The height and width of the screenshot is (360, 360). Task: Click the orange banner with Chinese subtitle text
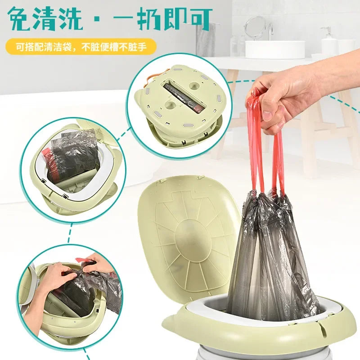(x=81, y=47)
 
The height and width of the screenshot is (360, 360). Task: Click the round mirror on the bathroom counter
(x=256, y=27)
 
